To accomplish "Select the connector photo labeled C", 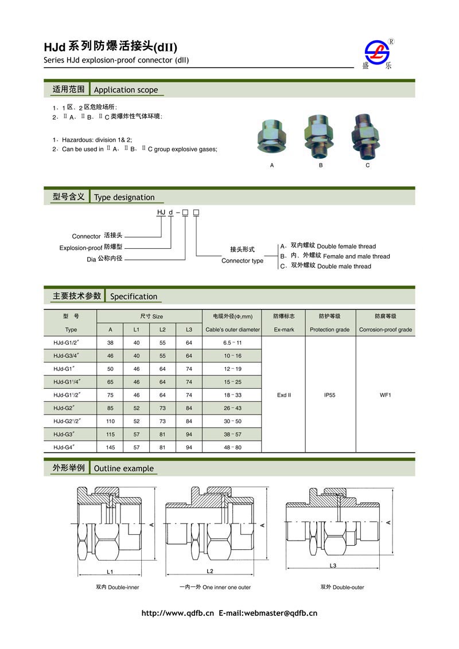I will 366,136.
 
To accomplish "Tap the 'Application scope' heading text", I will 126,90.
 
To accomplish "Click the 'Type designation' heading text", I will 124,197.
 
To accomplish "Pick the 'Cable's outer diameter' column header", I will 232,330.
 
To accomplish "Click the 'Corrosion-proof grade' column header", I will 385,330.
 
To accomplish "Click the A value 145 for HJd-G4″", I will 110,447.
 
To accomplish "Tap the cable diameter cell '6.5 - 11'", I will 232,343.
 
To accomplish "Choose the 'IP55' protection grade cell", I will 329,395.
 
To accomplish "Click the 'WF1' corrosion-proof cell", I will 385,395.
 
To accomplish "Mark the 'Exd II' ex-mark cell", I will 283,395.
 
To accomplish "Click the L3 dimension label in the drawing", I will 333,566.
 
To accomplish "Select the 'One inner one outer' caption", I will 215,587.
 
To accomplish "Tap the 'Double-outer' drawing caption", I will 342,587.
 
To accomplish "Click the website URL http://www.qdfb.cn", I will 177,613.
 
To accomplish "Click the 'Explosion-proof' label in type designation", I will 80,248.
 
